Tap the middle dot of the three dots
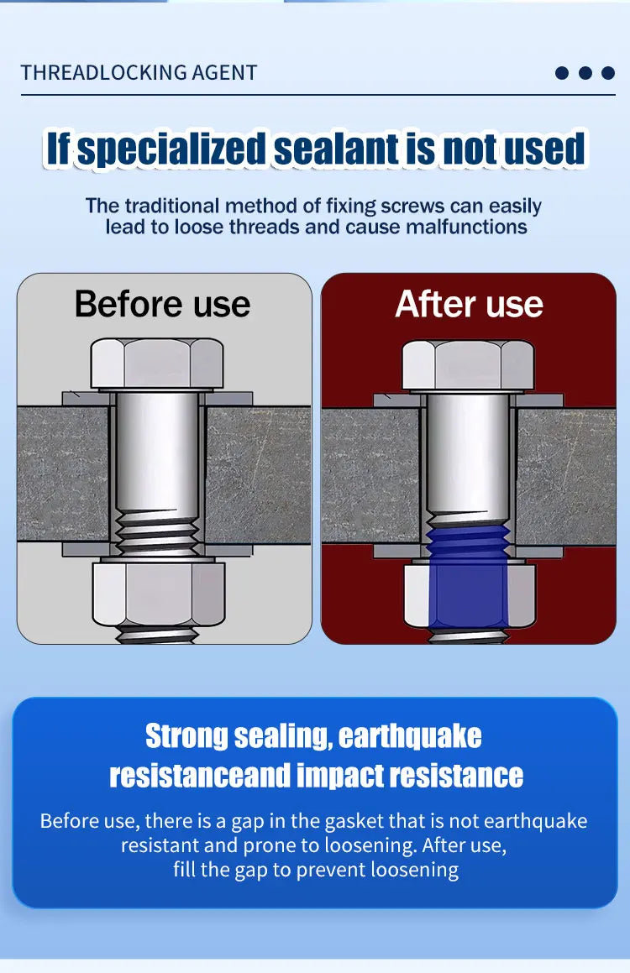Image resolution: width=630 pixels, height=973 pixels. pyautogui.click(x=585, y=73)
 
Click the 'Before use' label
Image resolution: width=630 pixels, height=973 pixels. pyautogui.click(x=162, y=303)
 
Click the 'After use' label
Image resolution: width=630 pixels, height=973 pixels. pyautogui.click(x=469, y=303)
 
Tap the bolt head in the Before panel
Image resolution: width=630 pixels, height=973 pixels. pyautogui.click(x=157, y=364)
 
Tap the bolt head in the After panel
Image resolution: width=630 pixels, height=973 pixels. pyautogui.click(x=468, y=364)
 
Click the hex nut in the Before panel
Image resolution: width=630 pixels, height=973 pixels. pyautogui.click(x=158, y=594)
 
